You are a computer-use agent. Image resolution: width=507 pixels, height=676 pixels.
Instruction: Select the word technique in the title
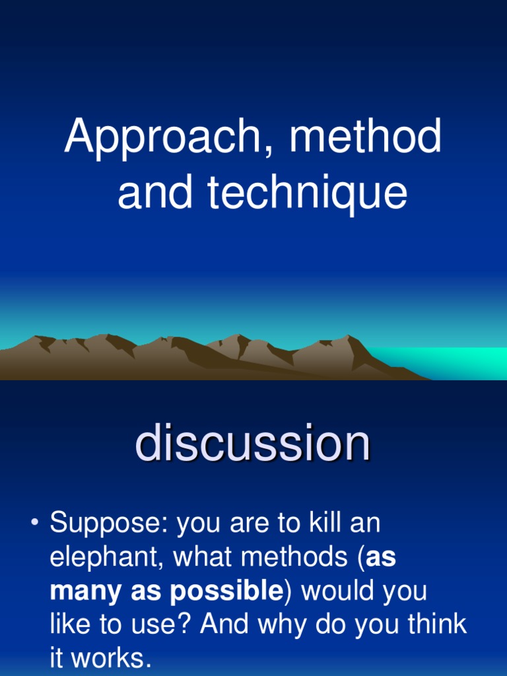coord(307,194)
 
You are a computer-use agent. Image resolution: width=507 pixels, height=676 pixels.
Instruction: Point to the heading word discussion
coord(252,444)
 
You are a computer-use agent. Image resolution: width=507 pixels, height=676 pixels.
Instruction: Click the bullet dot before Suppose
coord(34,524)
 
